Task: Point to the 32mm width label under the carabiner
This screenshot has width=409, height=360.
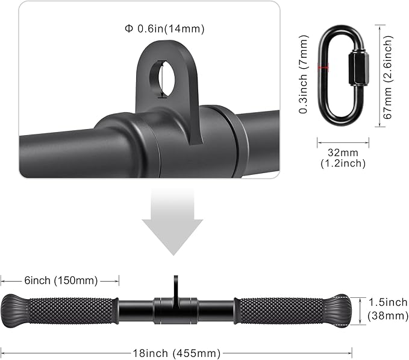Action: click(x=341, y=153)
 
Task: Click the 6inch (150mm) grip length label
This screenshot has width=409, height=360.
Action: click(x=60, y=280)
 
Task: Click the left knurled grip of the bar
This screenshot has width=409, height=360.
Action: click(x=72, y=311)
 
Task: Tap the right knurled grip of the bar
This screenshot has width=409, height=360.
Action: click(x=283, y=311)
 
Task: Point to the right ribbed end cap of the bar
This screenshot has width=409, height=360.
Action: click(x=340, y=310)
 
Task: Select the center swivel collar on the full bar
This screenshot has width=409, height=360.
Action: click(x=175, y=310)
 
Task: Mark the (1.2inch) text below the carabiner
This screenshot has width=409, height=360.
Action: click(x=341, y=163)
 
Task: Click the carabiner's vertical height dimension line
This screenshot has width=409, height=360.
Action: click(x=379, y=75)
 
